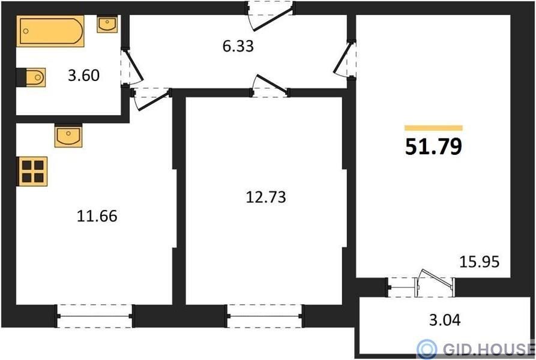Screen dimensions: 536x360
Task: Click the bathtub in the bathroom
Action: [x=50, y=31]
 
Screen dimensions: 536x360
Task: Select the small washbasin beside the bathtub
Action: [x=107, y=24]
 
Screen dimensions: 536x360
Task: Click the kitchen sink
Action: [x=68, y=136]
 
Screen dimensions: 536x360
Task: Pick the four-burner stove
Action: [x=32, y=172]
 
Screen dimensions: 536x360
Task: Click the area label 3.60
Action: [x=84, y=75]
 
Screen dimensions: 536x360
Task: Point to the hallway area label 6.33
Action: [x=238, y=46]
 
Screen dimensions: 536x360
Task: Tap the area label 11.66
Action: [x=97, y=216]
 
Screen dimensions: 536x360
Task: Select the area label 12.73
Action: [x=266, y=197]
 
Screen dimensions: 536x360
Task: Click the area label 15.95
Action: [x=479, y=262]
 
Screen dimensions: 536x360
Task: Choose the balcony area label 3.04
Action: [x=445, y=320]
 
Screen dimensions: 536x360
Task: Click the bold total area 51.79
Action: [x=433, y=146]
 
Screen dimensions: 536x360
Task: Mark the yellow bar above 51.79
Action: [x=433, y=128]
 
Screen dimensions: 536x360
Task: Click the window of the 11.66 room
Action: [x=95, y=316]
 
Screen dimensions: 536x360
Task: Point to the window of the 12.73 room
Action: [x=265, y=316]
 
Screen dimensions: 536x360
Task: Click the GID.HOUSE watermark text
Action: [x=489, y=349]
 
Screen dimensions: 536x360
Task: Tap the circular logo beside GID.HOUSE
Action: [x=427, y=349]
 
